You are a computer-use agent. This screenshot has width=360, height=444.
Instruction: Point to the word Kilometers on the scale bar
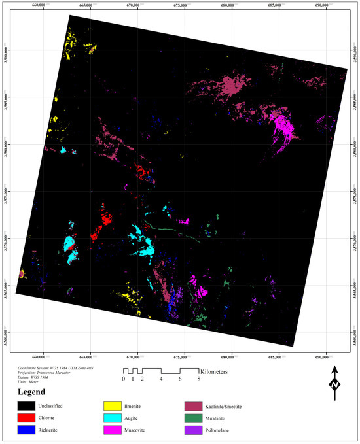[221, 371]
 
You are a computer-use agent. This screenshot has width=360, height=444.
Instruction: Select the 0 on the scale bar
[123, 379]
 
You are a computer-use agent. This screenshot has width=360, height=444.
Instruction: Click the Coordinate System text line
[60, 368]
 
